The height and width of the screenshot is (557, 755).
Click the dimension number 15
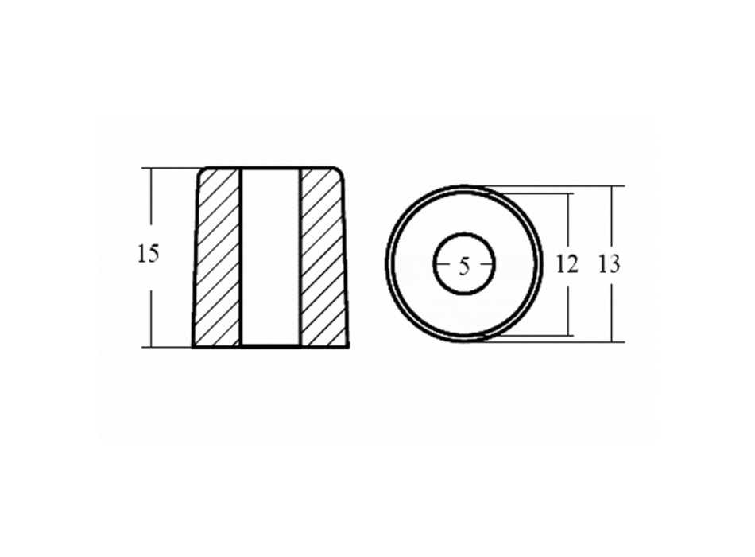(x=148, y=254)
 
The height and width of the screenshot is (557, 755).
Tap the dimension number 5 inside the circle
(x=463, y=267)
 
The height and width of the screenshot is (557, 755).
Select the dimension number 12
(x=567, y=264)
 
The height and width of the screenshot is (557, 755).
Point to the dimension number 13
(x=609, y=264)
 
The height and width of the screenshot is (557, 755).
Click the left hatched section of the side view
(x=217, y=258)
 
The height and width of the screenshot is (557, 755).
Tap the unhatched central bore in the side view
(x=270, y=258)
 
